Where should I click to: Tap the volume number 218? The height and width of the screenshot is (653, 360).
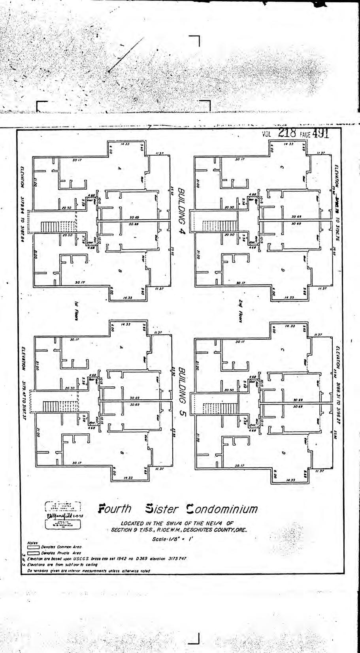click(x=290, y=133)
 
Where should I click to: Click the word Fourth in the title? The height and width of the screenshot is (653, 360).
click(x=115, y=509)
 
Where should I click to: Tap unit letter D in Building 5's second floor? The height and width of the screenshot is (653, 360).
click(x=283, y=453)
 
